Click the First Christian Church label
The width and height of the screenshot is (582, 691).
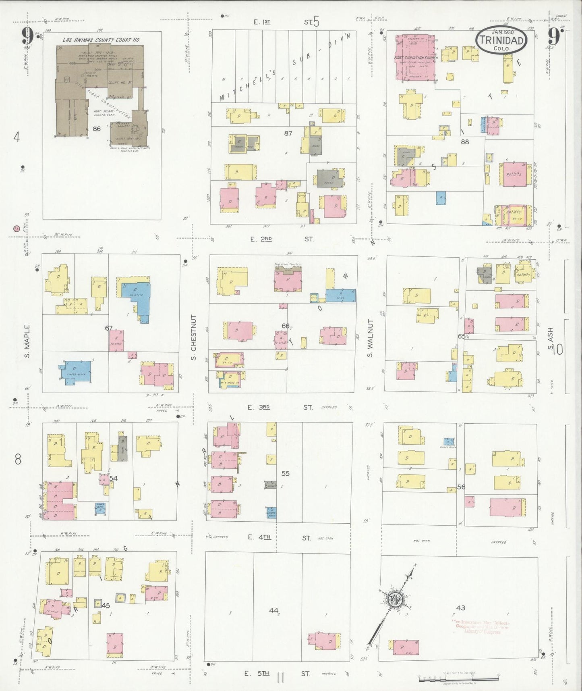tap(416, 58)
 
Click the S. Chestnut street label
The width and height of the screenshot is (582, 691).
tap(193, 337)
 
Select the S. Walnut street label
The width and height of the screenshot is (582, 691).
tap(370, 338)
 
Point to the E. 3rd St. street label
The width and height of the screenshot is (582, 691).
tap(280, 408)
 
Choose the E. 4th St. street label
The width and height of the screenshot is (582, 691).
tap(281, 537)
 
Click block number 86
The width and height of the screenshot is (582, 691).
tap(96, 129)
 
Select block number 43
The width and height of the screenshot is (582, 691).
tap(461, 608)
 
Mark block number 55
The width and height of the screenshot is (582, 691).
tap(286, 473)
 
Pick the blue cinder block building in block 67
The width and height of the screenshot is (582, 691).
tap(75, 370)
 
